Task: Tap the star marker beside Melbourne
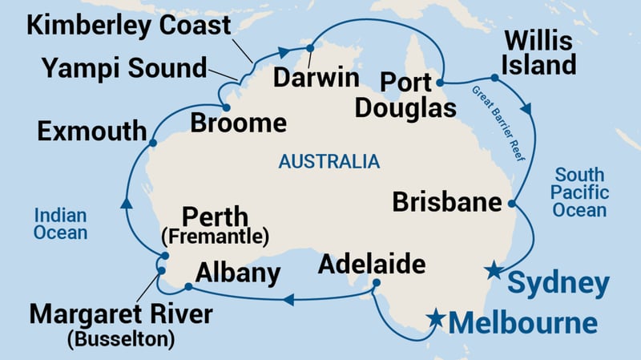pos(436,318)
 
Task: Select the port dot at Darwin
pos(309,48)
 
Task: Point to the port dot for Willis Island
pos(495,78)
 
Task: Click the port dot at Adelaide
pos(376,282)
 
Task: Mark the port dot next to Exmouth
pos(151,144)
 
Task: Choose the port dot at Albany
pos(187,286)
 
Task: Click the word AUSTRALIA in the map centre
pos(329,162)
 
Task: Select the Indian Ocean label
pos(60,224)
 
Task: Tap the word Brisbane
pos(447,201)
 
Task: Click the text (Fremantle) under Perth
pos(215,237)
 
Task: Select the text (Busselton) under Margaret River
pos(121,338)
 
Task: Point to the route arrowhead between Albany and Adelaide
pos(289,301)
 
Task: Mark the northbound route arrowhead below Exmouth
pos(126,205)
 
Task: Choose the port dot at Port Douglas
pos(440,82)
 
